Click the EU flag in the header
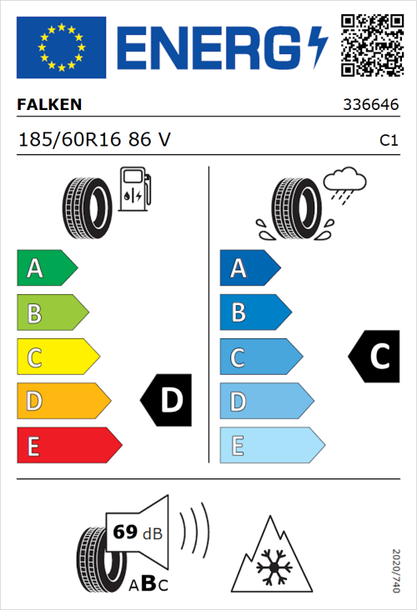[x=62, y=47]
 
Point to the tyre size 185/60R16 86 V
[x=94, y=140]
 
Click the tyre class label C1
[x=388, y=141]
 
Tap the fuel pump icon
[x=134, y=188]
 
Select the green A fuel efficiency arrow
[x=47, y=268]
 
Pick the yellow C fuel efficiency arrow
[x=58, y=357]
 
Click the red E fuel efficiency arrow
[x=69, y=446]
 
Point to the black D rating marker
[x=168, y=401]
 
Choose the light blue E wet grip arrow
[x=272, y=446]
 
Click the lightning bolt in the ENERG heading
[x=318, y=47]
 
